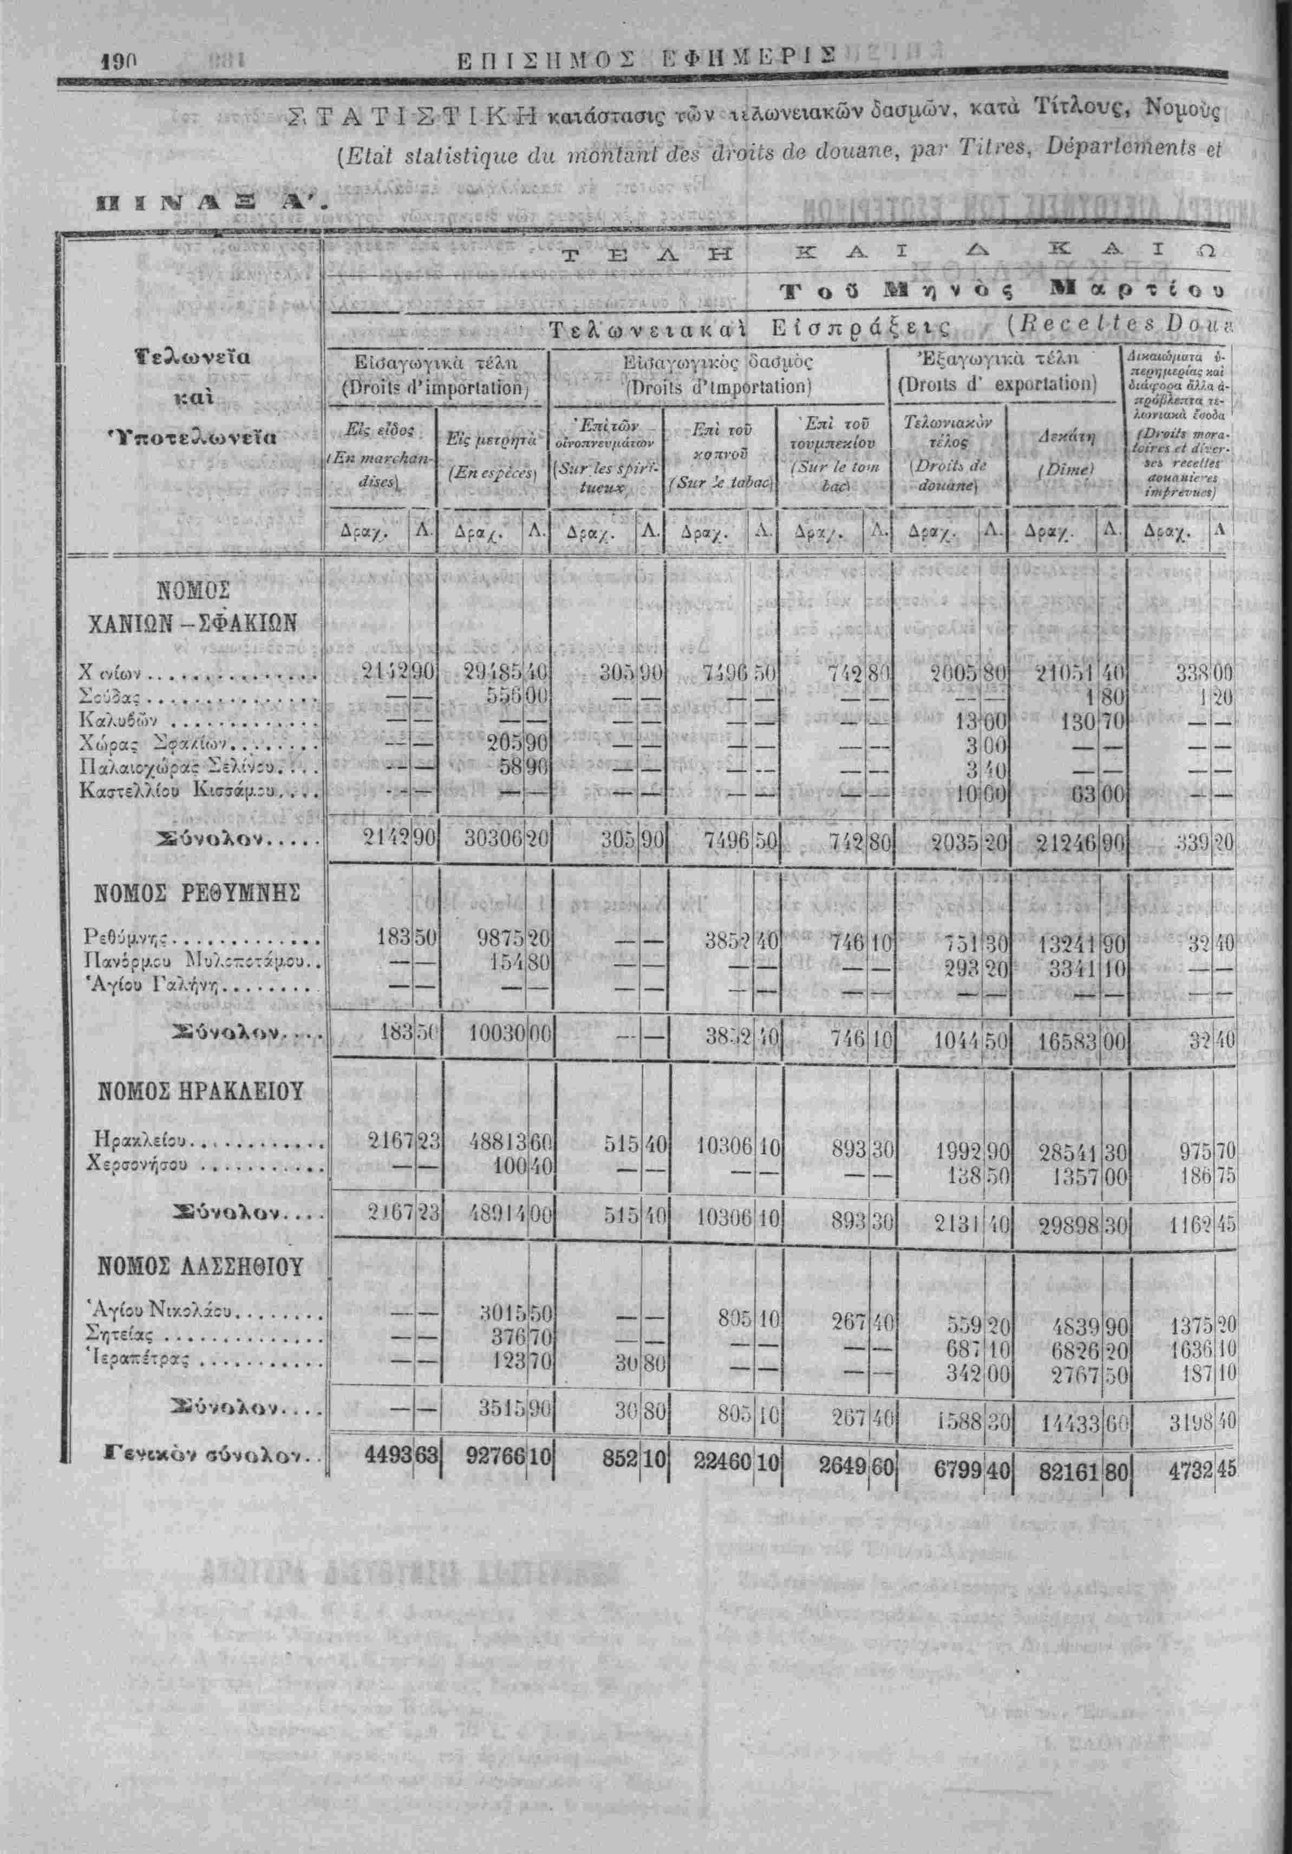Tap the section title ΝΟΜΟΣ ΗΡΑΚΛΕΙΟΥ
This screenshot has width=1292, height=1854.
click(x=200, y=1092)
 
